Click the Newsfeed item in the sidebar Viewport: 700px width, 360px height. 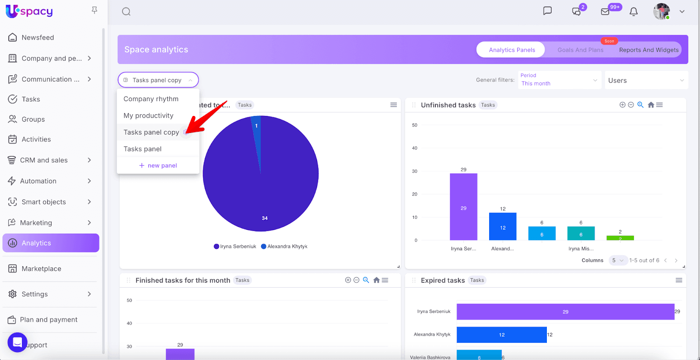[38, 38]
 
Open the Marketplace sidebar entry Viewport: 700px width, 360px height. [41, 269]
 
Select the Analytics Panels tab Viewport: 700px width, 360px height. [511, 50]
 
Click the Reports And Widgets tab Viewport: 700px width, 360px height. [648, 50]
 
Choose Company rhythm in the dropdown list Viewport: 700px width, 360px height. [151, 99]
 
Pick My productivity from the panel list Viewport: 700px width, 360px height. [148, 115]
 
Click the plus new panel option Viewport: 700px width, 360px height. [158, 165]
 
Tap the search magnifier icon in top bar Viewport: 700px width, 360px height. [126, 12]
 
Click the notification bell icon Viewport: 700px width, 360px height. [633, 12]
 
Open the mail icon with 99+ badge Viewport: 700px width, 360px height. [605, 12]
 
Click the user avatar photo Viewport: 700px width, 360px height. [661, 12]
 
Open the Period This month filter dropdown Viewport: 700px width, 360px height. [559, 80]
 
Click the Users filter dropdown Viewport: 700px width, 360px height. [646, 80]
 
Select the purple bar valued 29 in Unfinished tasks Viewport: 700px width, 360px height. [463, 207]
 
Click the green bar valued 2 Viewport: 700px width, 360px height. [620, 238]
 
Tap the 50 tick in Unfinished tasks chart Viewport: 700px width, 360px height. [415, 125]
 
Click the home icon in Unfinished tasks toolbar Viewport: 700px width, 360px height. [651, 105]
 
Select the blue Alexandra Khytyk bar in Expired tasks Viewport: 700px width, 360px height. [501, 335]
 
